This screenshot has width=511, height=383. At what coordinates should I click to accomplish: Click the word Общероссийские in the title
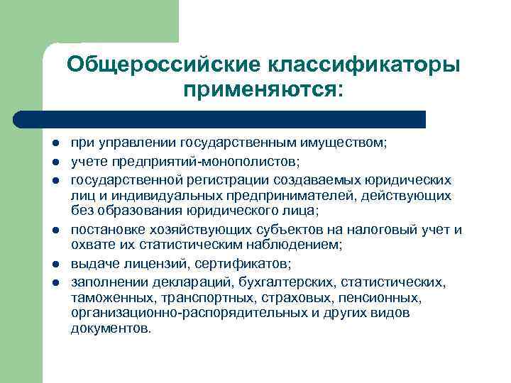[163, 65]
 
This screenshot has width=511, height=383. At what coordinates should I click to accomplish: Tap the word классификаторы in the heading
[364, 65]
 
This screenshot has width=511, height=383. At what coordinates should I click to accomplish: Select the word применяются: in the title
[262, 90]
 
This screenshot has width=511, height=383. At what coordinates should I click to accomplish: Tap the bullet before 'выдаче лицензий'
[55, 263]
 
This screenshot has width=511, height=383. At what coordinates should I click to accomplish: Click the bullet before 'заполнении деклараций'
[55, 282]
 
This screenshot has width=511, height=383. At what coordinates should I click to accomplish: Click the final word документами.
[111, 330]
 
